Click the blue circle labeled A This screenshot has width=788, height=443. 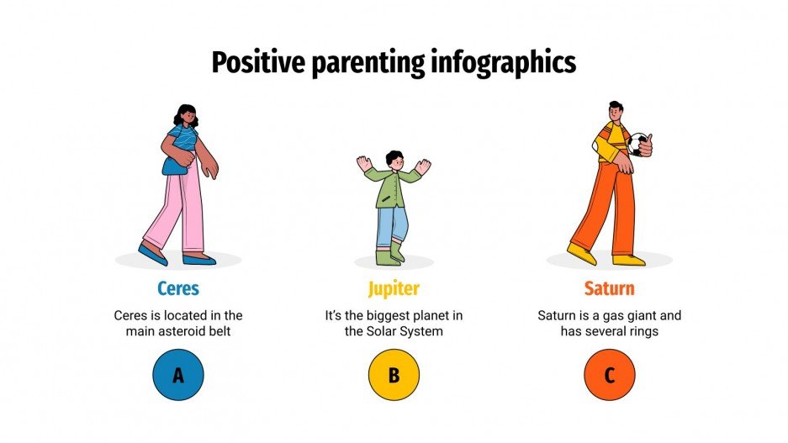(178, 375)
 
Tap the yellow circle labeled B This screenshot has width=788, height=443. (394, 375)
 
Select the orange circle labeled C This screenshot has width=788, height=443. (609, 375)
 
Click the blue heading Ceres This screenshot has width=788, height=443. (178, 289)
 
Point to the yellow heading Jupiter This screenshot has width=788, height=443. (394, 289)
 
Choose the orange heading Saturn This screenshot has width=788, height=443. (609, 289)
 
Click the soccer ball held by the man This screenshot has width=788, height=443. (638, 144)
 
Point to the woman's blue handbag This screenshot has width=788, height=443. (174, 165)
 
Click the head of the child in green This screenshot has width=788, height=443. (394, 160)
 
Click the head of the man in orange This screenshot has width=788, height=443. (616, 112)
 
